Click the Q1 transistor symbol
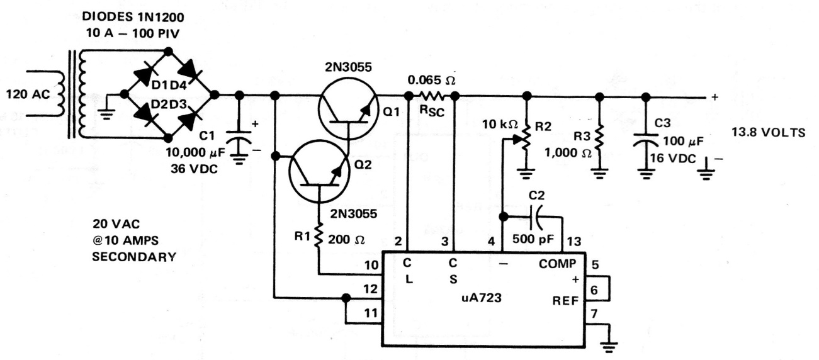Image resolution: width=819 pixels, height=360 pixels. tap(347, 110)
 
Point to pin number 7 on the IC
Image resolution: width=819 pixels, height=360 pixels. tap(594, 313)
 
